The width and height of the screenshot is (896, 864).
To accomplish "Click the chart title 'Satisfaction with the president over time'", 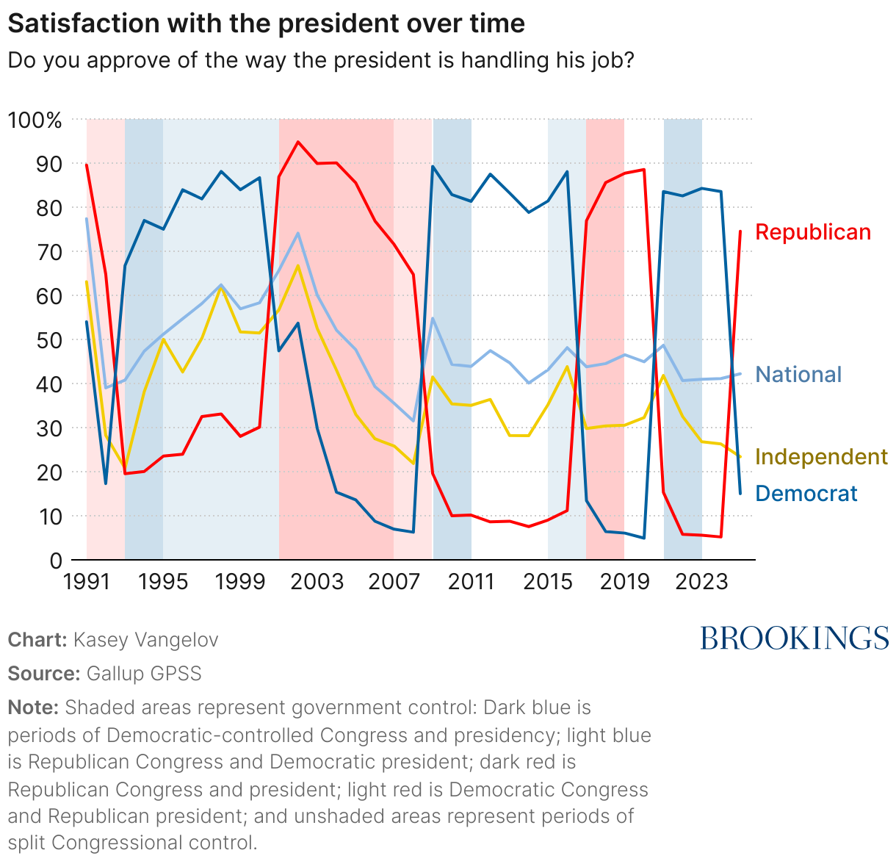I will pos(266,24).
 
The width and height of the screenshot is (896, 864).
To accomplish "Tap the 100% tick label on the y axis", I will pos(35,120).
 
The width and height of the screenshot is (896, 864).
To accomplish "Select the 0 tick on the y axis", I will pos(55,561).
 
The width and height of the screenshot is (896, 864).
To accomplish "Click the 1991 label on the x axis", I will pos(87,582).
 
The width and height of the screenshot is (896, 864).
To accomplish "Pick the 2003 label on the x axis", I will pos(317,582).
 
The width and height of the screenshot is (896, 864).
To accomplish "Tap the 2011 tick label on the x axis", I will pos(471,582).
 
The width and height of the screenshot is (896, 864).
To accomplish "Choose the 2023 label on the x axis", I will pos(701,582).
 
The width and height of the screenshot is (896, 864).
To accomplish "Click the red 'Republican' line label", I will pos(812,232).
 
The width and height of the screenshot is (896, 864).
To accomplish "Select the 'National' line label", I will pos(798,375).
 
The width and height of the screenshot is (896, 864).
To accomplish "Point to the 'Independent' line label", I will pos(821,457).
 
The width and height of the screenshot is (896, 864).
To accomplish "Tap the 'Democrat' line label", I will pos(806,494).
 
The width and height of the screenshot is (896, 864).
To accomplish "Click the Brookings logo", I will pos(794,638).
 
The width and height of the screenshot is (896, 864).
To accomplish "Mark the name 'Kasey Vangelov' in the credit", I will pos(145,640).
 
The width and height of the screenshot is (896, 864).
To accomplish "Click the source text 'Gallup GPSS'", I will pos(144,674).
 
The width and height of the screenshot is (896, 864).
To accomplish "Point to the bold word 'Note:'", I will pos(33,708).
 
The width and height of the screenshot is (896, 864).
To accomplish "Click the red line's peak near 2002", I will pos(298,142).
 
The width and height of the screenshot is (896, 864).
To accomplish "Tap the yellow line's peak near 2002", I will pos(297,265).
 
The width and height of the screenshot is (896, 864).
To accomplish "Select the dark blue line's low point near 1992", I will pos(106,483).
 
